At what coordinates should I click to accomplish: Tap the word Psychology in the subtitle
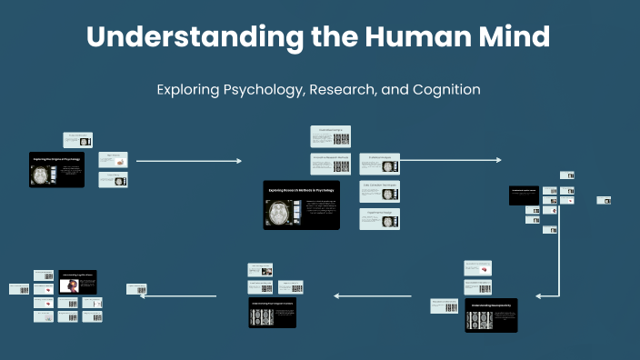(x=258, y=90)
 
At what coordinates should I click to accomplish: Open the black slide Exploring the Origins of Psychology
(x=56, y=170)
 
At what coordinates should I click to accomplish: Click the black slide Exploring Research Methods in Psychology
(x=301, y=204)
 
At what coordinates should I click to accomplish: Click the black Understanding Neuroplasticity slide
(x=491, y=315)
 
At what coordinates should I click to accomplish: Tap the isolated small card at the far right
(x=604, y=200)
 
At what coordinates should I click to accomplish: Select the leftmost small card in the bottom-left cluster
(x=19, y=288)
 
